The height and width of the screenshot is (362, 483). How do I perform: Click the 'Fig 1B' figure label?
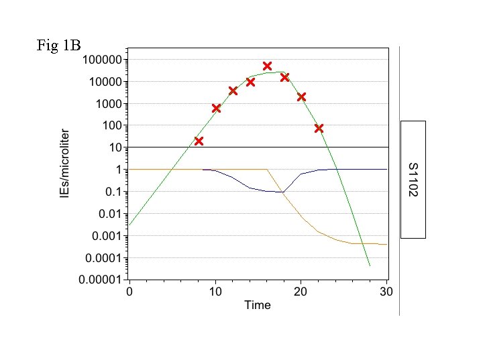pyautogui.click(x=59, y=46)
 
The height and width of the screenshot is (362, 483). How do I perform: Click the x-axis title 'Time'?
pyautogui.click(x=258, y=306)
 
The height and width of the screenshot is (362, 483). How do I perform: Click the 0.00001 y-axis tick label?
pyautogui.click(x=101, y=280)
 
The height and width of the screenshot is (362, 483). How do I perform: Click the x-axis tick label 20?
pyautogui.click(x=301, y=292)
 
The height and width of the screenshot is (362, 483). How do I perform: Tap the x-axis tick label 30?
pyautogui.click(x=386, y=292)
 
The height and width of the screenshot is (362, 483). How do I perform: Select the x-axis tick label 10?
pyautogui.click(x=215, y=292)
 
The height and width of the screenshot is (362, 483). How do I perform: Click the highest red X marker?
pyautogui.click(x=267, y=66)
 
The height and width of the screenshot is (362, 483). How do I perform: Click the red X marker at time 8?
pyautogui.click(x=199, y=141)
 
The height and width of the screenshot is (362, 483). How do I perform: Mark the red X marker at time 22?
pyautogui.click(x=319, y=128)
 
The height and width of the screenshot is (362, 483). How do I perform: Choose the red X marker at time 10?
pyautogui.click(x=216, y=108)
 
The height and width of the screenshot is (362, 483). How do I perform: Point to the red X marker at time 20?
pyautogui.click(x=301, y=97)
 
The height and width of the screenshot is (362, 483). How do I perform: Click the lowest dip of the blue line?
pyautogui.click(x=283, y=192)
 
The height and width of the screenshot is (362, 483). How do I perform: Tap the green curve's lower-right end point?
pyautogui.click(x=370, y=266)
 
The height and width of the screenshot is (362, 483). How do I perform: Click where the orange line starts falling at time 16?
pyautogui.click(x=267, y=170)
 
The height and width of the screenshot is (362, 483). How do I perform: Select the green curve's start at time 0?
pyautogui.click(x=129, y=225)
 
